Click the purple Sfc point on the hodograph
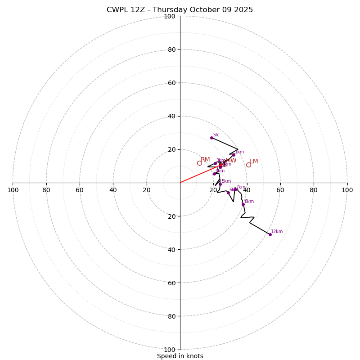point(211,138)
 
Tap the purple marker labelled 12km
point(270,234)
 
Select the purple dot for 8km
point(243,204)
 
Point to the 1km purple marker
point(234,155)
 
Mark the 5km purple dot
point(220,184)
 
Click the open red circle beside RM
point(199,163)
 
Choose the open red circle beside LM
point(248,165)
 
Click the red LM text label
point(254,162)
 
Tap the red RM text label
point(205,160)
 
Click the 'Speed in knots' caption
point(180,356)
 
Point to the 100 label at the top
point(170,16)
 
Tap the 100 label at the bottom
point(170,350)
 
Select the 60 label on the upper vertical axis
point(171,83)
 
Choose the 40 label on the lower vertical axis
point(171,249)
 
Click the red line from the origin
point(198,175)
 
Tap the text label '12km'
point(277,232)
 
